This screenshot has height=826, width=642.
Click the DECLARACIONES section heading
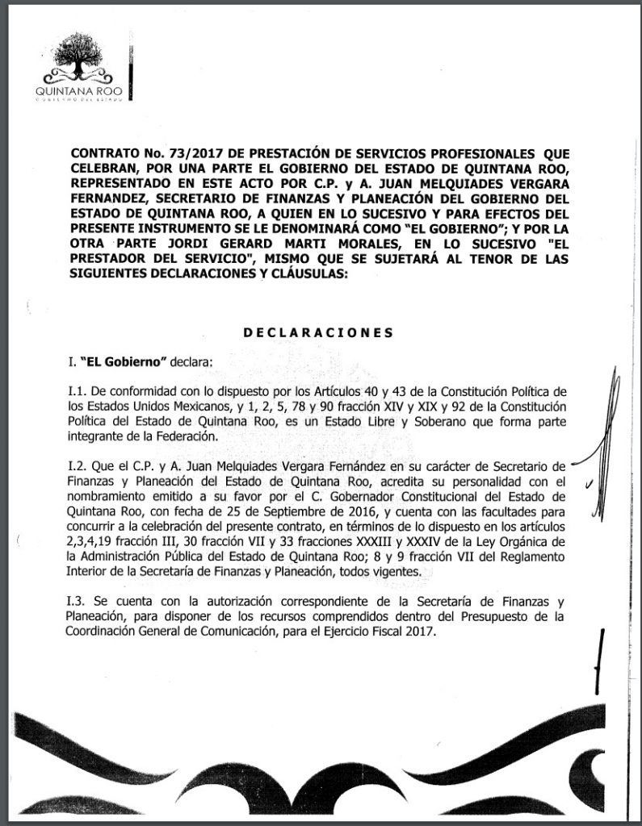pyautogui.click(x=317, y=332)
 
